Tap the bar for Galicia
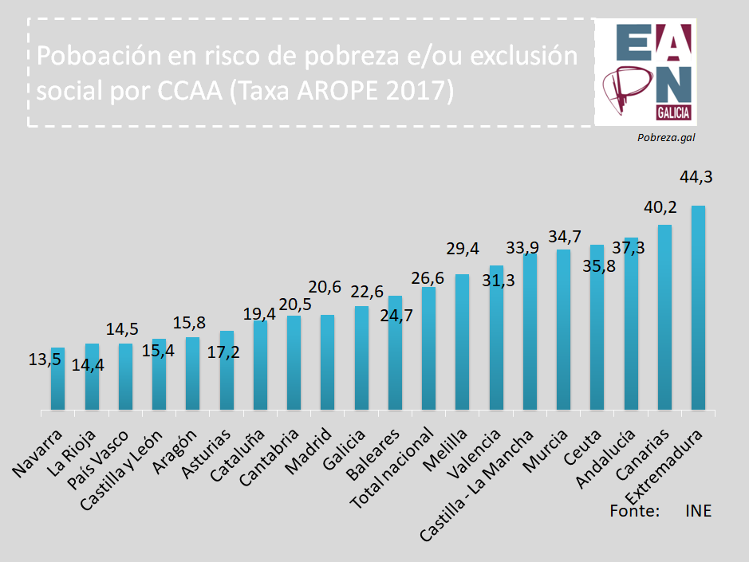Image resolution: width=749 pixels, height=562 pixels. tap(361, 358)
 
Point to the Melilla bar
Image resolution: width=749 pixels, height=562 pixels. tap(462, 342)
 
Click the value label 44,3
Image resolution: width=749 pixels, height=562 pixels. tap(696, 177)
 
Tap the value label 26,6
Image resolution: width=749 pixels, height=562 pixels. tap(428, 278)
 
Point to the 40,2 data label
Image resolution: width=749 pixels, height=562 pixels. tap(660, 207)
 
